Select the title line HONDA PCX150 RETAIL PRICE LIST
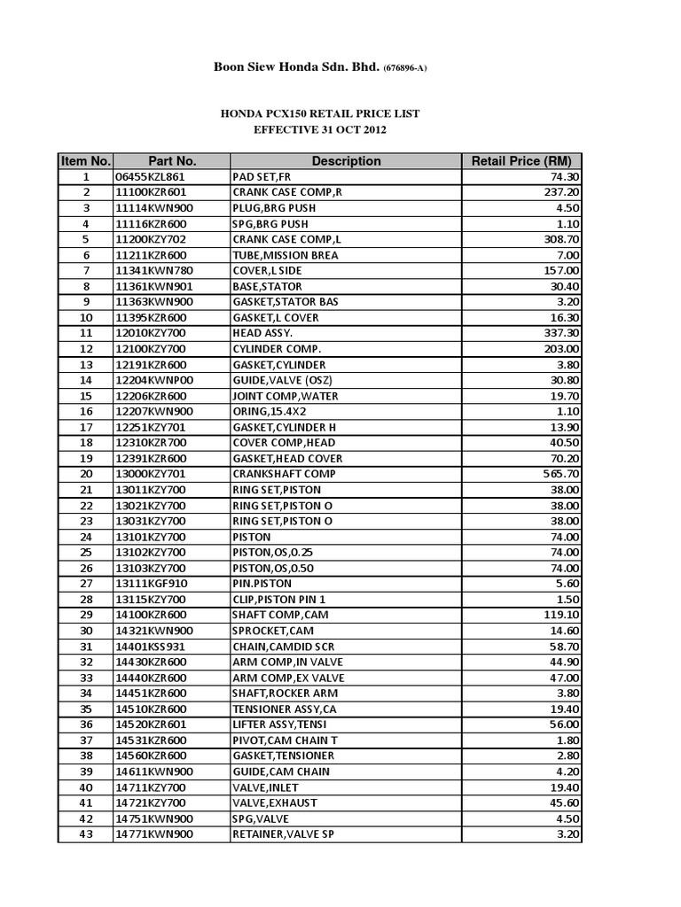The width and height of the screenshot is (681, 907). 320,114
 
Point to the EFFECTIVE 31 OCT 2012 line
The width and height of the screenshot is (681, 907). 320,130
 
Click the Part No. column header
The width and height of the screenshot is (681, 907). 172,161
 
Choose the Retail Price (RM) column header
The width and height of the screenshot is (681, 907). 521,161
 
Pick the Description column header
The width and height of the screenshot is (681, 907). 346,161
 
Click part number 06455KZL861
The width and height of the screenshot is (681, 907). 152,177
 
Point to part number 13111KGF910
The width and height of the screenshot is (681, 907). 152,584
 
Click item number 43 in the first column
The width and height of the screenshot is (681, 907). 86,834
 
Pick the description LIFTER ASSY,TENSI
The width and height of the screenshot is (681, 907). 279,725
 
